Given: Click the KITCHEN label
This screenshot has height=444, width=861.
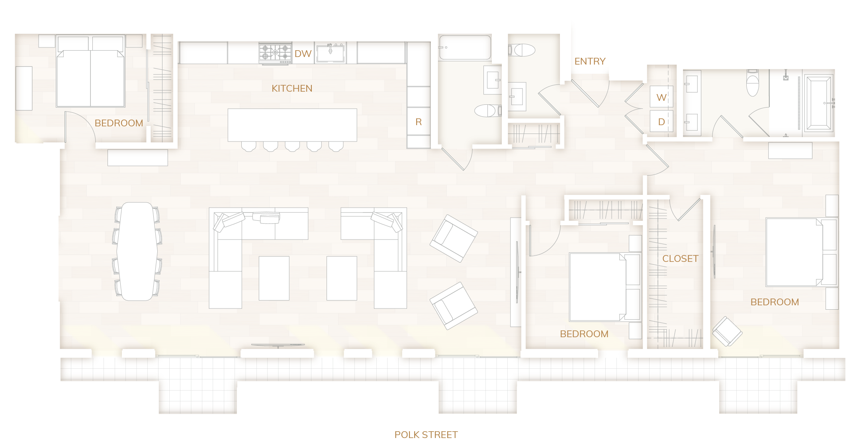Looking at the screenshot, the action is pyautogui.click(x=292, y=88).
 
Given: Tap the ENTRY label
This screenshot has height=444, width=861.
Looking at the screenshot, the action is pyautogui.click(x=590, y=61).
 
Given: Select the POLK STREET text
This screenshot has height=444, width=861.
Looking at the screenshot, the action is pyautogui.click(x=426, y=434).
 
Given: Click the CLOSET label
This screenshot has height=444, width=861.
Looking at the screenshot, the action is pyautogui.click(x=680, y=259).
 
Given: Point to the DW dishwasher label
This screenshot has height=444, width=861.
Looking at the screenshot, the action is pyautogui.click(x=303, y=54).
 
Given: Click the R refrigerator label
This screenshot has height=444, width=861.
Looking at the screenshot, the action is pyautogui.click(x=419, y=122).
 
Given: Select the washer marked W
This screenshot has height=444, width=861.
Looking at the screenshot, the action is pyautogui.click(x=661, y=97).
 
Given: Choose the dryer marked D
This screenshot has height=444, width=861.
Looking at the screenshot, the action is pyautogui.click(x=661, y=122).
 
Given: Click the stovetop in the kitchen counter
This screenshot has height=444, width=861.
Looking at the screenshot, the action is pyautogui.click(x=275, y=53).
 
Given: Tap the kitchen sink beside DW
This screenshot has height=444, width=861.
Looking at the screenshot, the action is pyautogui.click(x=330, y=53).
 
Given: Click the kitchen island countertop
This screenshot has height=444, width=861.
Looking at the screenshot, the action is pyautogui.click(x=292, y=125).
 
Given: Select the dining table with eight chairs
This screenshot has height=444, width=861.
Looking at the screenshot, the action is pyautogui.click(x=137, y=251).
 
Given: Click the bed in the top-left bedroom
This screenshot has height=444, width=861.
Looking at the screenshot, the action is pyautogui.click(x=91, y=72).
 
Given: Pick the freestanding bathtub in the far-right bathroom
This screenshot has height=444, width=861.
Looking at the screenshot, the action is pyautogui.click(x=818, y=103).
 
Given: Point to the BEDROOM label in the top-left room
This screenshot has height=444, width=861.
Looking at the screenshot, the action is pyautogui.click(x=119, y=123).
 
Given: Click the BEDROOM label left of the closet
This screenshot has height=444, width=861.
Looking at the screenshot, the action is pyautogui.click(x=584, y=334).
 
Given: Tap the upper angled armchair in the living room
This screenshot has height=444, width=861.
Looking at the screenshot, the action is pyautogui.click(x=454, y=238).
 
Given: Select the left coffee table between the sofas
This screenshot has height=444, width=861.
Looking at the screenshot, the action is pyautogui.click(x=274, y=278).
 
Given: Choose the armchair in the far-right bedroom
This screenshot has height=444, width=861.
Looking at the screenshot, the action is pyautogui.click(x=727, y=332).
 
